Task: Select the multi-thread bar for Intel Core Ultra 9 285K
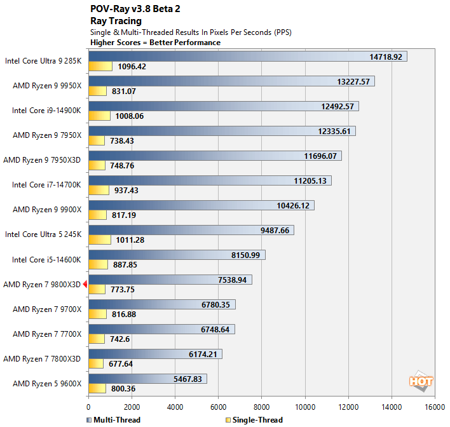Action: pyautogui.click(x=248, y=57)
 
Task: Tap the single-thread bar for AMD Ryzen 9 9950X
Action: pyautogui.click(x=97, y=91)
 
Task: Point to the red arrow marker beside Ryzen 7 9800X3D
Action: pyautogui.click(x=85, y=285)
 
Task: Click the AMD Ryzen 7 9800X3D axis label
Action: pyautogui.click(x=42, y=285)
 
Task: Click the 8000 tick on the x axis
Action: pyautogui.click(x=262, y=407)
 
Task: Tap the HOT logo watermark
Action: pyautogui.click(x=420, y=381)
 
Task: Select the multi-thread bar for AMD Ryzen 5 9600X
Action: pyautogui.click(x=147, y=379)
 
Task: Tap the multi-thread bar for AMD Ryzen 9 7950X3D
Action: pyautogui.click(x=215, y=156)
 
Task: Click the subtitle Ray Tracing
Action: pyautogui.click(x=116, y=21)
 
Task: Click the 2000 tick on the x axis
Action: pyautogui.click(x=132, y=407)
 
